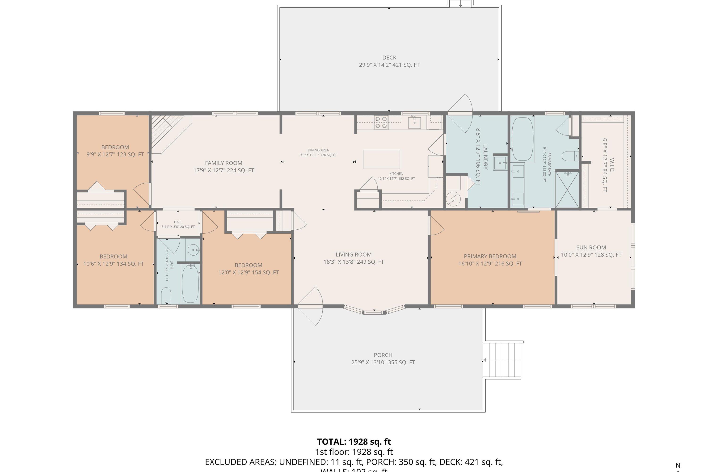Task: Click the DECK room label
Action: [x=389, y=58]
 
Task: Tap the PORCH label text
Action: [x=383, y=355]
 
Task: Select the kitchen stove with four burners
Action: [x=381, y=122]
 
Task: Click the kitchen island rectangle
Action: [x=382, y=159]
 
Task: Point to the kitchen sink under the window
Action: [x=414, y=122]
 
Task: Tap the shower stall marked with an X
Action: [x=567, y=189]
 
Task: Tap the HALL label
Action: [x=178, y=222]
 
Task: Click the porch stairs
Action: [x=503, y=360]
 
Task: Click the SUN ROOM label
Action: [x=591, y=247]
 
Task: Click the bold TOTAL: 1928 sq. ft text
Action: [x=354, y=442]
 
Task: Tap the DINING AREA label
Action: [x=318, y=150]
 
